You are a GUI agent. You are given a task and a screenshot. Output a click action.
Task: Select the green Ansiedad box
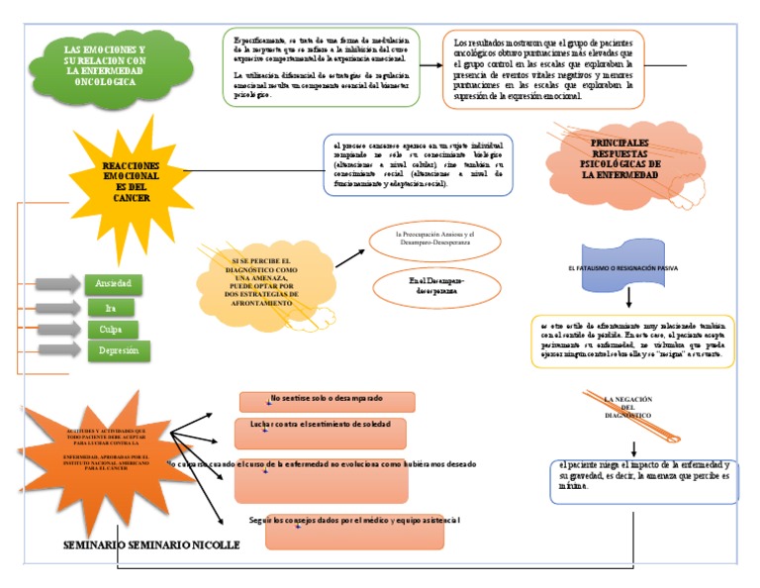click(x=113, y=284)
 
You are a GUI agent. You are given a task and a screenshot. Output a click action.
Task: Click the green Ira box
click(x=111, y=308)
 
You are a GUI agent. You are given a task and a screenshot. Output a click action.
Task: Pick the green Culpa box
click(x=111, y=330)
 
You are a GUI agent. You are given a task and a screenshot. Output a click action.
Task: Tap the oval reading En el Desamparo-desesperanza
click(x=435, y=287)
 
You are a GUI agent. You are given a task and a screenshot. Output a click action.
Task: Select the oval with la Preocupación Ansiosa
click(x=435, y=239)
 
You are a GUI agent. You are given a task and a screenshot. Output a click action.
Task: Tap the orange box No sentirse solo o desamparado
click(x=327, y=401)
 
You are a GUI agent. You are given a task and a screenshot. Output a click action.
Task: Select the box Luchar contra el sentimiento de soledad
click(x=321, y=433)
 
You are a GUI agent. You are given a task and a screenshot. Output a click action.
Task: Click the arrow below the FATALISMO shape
click(x=629, y=298)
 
